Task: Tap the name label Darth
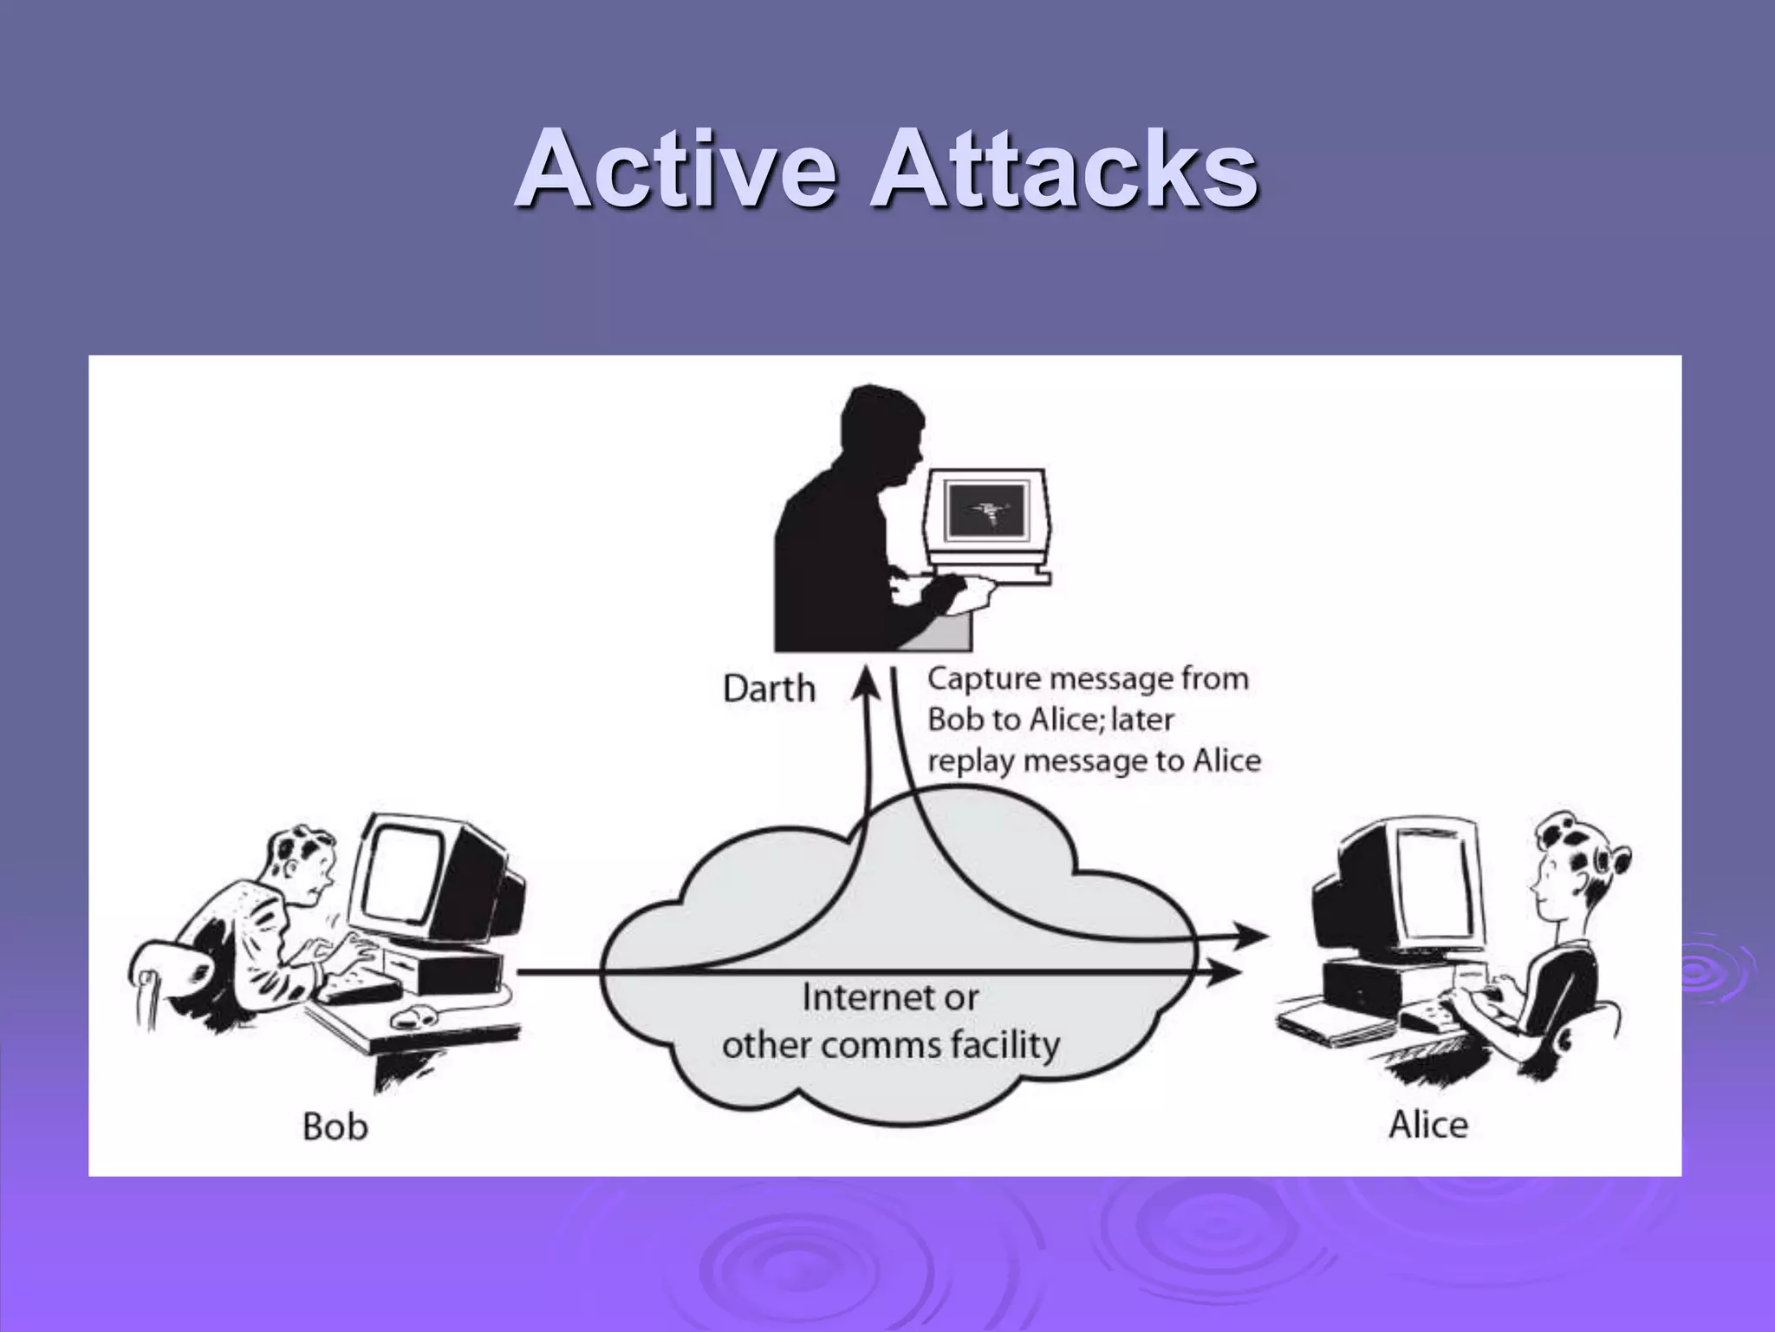[x=769, y=689]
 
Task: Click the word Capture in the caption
[x=984, y=679]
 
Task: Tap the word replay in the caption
[x=970, y=761]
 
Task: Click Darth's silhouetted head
[x=880, y=434]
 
